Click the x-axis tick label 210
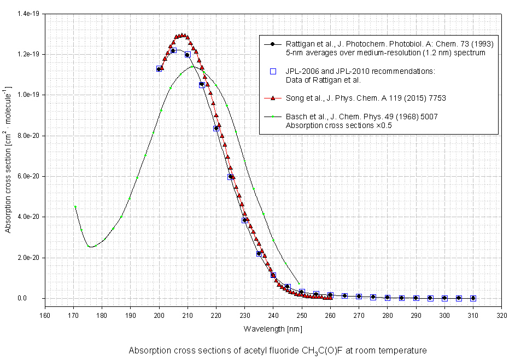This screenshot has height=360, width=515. pos(188,315)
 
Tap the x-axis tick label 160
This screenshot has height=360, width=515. pos(45,315)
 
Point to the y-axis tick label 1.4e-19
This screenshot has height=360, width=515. pos(30,14)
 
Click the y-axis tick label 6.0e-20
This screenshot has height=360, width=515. pos(30,176)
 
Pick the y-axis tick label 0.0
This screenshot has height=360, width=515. pos(36,298)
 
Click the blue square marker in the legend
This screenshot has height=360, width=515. pos(273,71)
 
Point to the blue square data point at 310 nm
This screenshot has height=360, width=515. pos(473,298)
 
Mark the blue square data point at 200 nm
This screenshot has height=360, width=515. pos(159,69)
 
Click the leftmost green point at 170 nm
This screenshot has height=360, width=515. pos(75,206)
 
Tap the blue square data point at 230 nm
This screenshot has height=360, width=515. pos(244,220)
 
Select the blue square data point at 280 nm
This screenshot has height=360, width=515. pos(387,298)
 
